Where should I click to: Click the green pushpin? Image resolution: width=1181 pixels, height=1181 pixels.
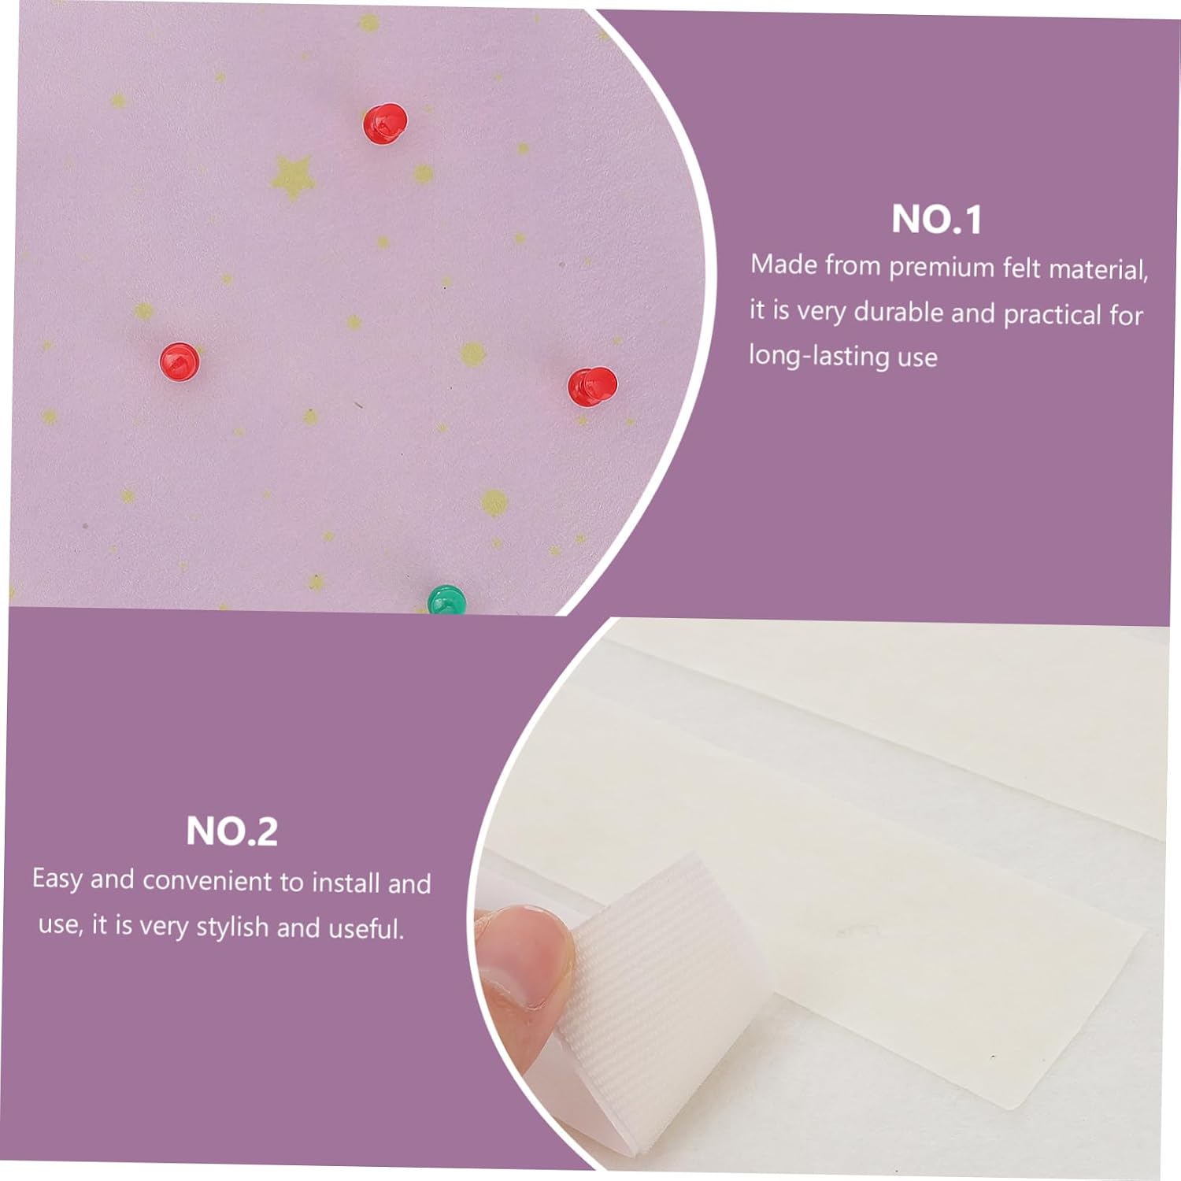tap(447, 600)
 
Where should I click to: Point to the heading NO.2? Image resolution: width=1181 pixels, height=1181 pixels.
tap(232, 831)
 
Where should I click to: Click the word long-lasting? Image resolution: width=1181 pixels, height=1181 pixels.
tap(820, 356)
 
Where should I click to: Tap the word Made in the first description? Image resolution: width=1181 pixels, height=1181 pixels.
tap(784, 264)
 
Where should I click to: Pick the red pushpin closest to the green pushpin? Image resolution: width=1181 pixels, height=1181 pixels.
tap(593, 387)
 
